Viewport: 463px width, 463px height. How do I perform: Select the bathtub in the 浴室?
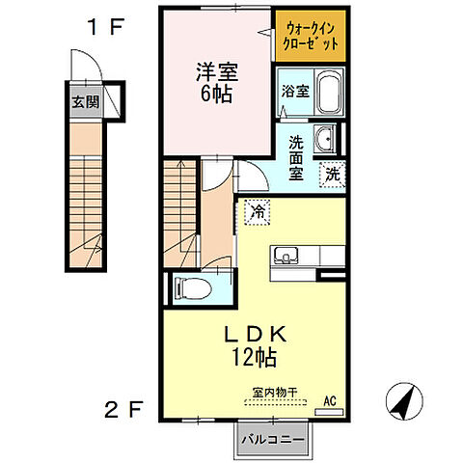point(328,94)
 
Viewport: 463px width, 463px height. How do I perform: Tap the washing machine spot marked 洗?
point(332,176)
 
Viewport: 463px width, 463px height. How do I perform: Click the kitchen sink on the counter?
point(287,256)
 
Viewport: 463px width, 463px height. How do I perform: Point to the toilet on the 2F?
point(192,286)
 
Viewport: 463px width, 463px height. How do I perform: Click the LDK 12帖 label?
point(256,345)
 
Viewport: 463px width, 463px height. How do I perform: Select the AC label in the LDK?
point(328,400)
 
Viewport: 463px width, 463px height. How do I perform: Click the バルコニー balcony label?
point(273,440)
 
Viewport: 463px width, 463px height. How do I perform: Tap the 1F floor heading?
point(107,27)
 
